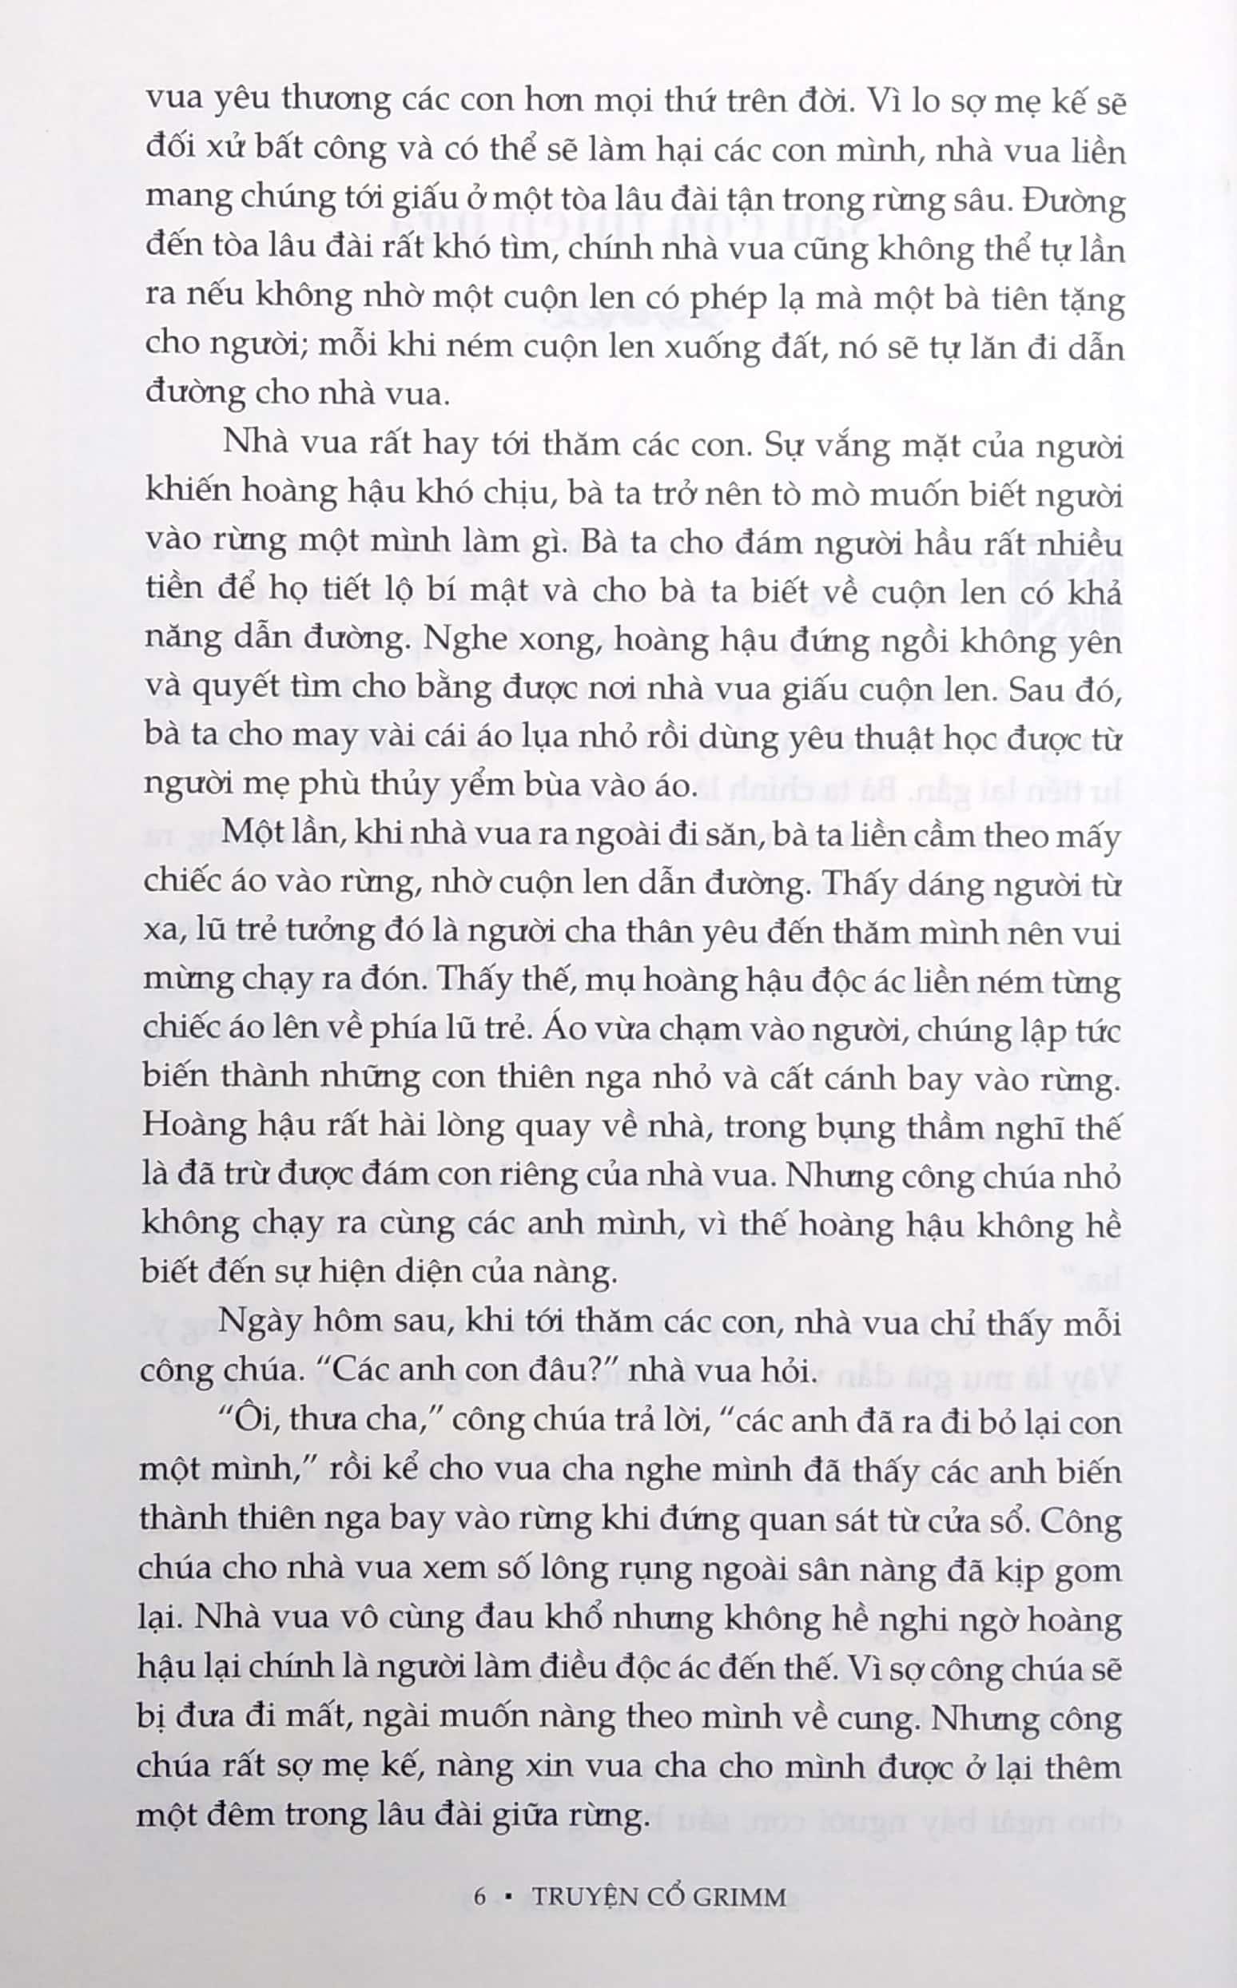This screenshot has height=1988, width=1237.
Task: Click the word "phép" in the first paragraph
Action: click(x=738, y=301)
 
